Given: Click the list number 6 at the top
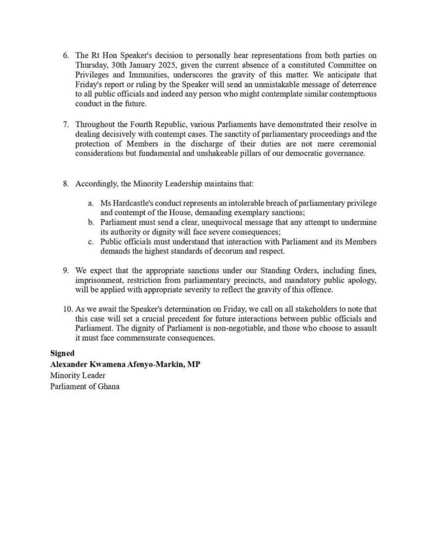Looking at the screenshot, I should click(66, 55).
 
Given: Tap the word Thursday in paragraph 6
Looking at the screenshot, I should click(93, 65).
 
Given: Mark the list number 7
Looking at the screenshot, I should click(66, 124).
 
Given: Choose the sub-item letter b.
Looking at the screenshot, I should click(90, 222).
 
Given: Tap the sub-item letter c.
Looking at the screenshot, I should click(90, 242).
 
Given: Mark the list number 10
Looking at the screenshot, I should click(67, 309).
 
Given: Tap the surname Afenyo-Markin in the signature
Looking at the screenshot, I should click(152, 365).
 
